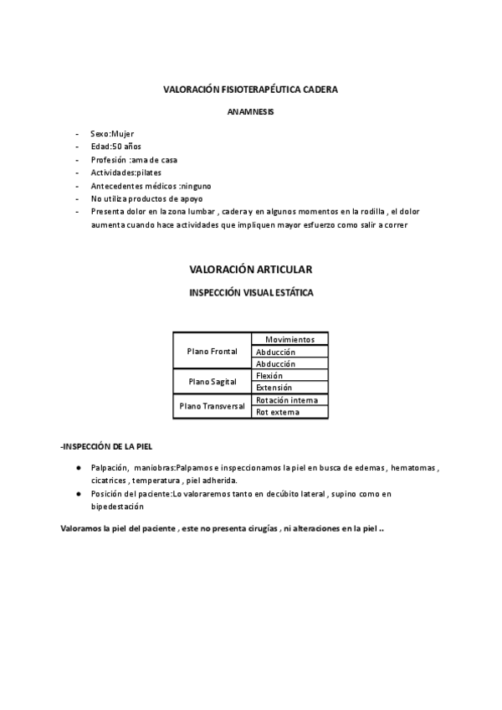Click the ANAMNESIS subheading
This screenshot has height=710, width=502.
coord(250,111)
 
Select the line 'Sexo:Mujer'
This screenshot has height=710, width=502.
coord(112,134)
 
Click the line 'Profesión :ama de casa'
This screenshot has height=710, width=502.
coord(134,160)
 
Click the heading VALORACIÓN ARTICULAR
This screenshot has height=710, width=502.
coord(251,270)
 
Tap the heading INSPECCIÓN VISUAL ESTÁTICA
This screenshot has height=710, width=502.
coord(251,293)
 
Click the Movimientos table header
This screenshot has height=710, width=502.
coord(289,339)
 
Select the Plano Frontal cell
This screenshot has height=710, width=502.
coord(213,351)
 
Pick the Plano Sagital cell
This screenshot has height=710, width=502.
coord(213,382)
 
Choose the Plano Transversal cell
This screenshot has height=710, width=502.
coord(213,406)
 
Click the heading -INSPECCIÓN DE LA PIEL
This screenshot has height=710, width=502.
coord(106,446)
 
